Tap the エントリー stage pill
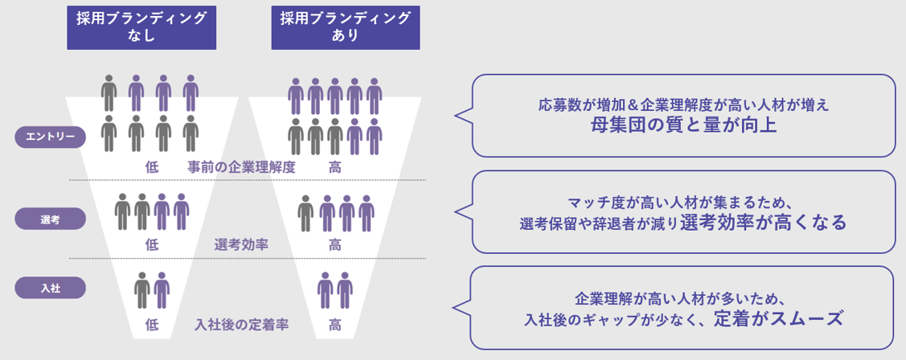pyautogui.click(x=50, y=137)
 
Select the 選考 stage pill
pyautogui.click(x=50, y=219)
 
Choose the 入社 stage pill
pyautogui.click(x=50, y=287)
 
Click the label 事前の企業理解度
pyautogui.click(x=242, y=167)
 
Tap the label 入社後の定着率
pyautogui.click(x=242, y=325)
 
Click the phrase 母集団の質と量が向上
pyautogui.click(x=683, y=126)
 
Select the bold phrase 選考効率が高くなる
pyautogui.click(x=763, y=223)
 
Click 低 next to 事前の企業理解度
pyautogui.click(x=153, y=167)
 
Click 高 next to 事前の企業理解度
pyautogui.click(x=334, y=167)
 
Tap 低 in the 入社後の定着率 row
pyautogui.click(x=153, y=325)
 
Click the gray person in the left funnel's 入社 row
pyautogui.click(x=142, y=290)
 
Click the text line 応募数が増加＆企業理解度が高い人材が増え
pyautogui.click(x=683, y=104)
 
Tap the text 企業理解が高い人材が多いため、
pyautogui.click(x=681, y=297)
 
